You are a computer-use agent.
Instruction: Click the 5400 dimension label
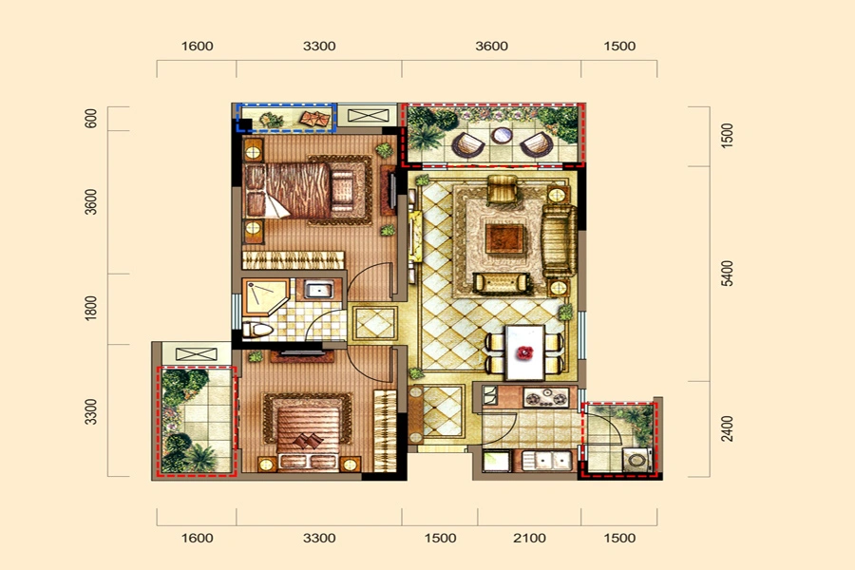tap(727, 274)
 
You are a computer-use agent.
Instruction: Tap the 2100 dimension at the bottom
tap(529, 539)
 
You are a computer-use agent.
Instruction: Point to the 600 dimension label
tap(90, 119)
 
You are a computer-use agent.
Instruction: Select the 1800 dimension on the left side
tap(90, 308)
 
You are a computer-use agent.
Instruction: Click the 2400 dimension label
tap(727, 428)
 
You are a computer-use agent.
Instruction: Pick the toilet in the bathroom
tap(256, 330)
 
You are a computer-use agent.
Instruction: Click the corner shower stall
tap(265, 296)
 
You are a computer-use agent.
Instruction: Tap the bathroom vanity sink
tap(319, 289)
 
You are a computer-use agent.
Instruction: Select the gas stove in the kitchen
tap(546, 397)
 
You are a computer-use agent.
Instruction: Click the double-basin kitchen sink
tap(546, 461)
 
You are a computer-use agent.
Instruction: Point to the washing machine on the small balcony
tap(636, 460)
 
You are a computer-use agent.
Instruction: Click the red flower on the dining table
tap(524, 352)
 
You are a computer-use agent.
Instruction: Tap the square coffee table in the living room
tap(504, 238)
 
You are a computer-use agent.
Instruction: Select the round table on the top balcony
tap(502, 135)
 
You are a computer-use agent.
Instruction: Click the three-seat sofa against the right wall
tap(559, 241)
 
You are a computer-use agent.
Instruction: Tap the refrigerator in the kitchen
tap(496, 462)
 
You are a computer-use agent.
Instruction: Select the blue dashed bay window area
tap(286, 117)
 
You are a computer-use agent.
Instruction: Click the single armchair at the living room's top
tap(503, 189)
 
